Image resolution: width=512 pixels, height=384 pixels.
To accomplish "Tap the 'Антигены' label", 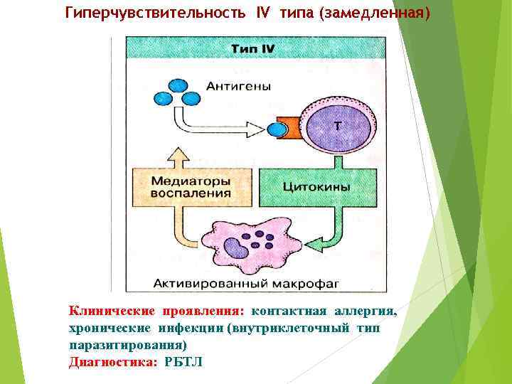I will (238, 86).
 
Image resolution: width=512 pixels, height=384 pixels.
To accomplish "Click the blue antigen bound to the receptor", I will (277, 129).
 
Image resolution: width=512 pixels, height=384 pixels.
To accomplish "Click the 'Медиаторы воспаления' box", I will (190, 186).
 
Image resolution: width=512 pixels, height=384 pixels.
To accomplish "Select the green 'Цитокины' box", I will (316, 186).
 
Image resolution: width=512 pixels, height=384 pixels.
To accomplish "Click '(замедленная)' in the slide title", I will (375, 14).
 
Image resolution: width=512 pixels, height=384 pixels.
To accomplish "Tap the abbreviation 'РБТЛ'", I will (183, 361).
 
